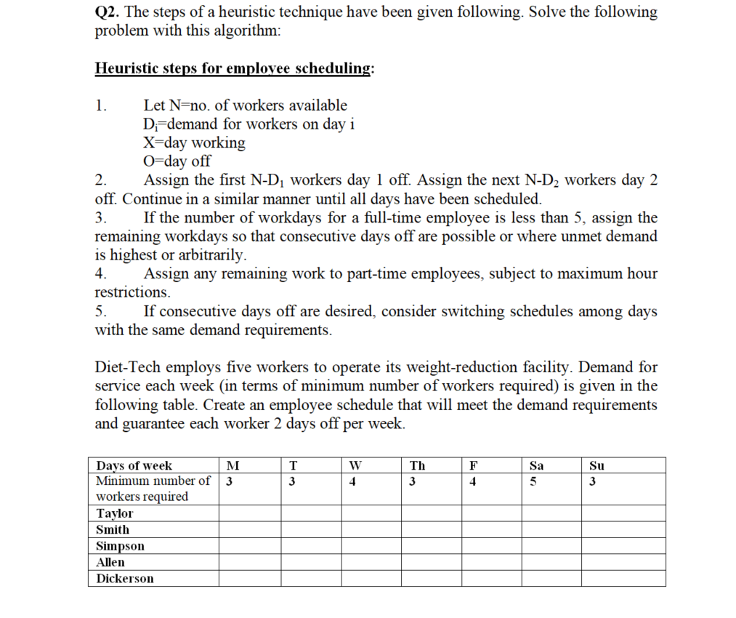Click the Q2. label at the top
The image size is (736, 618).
click(x=108, y=12)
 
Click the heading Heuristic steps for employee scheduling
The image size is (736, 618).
click(x=235, y=68)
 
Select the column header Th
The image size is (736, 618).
click(x=417, y=465)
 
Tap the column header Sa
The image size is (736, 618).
click(x=537, y=465)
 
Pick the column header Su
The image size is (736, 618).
click(x=597, y=465)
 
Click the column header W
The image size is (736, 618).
click(x=354, y=465)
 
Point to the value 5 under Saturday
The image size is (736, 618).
click(x=533, y=481)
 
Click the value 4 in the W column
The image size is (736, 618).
click(x=352, y=481)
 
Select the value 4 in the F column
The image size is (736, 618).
click(x=473, y=481)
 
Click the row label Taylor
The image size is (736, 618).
click(x=115, y=513)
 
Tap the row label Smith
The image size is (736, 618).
click(x=113, y=529)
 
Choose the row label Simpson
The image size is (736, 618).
click(x=120, y=546)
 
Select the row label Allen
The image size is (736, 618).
click(x=110, y=562)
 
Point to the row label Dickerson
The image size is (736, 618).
click(x=125, y=579)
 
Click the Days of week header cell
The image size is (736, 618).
click(x=134, y=465)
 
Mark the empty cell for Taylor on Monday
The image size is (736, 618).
click(x=250, y=513)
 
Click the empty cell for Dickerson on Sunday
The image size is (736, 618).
click(x=623, y=579)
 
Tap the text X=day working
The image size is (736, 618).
click(x=194, y=143)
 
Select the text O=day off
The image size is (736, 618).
click(x=177, y=161)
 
